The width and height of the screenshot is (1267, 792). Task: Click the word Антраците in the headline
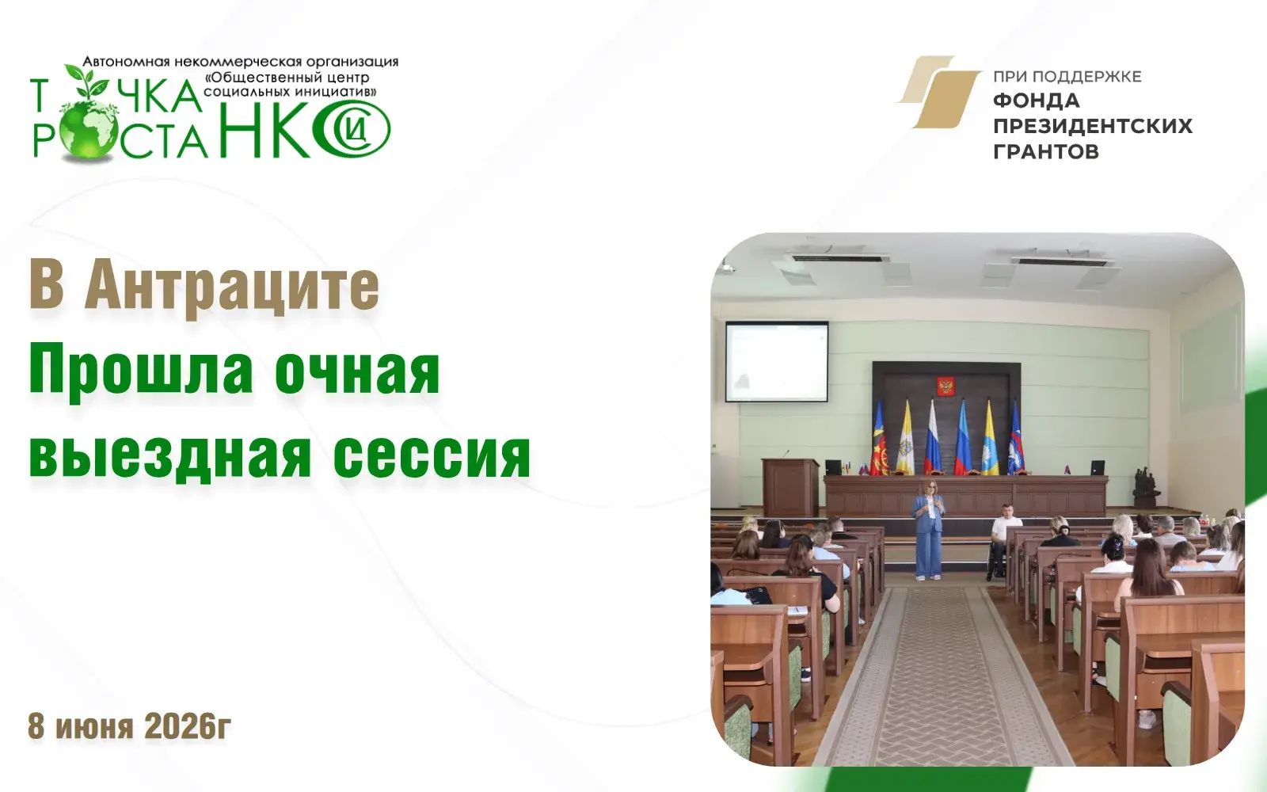click(x=232, y=287)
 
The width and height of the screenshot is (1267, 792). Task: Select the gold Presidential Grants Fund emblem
click(x=939, y=92)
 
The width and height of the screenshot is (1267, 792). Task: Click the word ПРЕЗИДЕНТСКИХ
click(x=1093, y=126)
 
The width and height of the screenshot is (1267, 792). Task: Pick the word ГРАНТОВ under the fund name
click(x=1046, y=151)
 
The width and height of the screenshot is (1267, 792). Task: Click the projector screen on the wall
click(x=777, y=361)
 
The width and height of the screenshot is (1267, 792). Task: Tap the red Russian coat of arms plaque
click(x=945, y=387)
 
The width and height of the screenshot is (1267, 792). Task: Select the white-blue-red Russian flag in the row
click(x=932, y=439)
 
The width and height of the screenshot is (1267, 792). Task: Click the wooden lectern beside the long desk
click(x=790, y=486)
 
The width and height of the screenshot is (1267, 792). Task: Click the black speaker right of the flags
click(x=1098, y=467)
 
